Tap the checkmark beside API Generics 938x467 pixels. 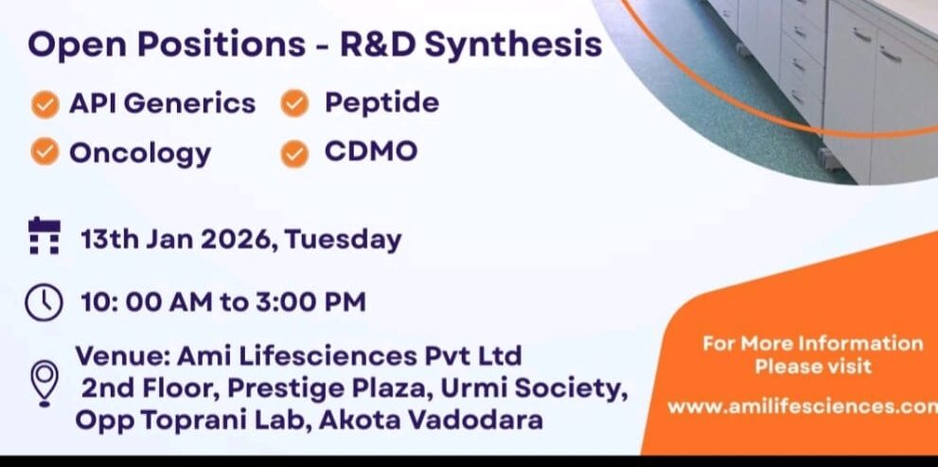pos(44,104)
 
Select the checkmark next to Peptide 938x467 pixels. pos(295,104)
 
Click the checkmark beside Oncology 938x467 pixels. pos(44,152)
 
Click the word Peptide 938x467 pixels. pos(381,102)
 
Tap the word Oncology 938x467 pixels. pos(140,153)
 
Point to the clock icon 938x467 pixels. pos(44,303)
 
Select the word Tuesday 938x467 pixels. pos(344,239)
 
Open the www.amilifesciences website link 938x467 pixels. pos(801,406)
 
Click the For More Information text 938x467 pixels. pos(812,343)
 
